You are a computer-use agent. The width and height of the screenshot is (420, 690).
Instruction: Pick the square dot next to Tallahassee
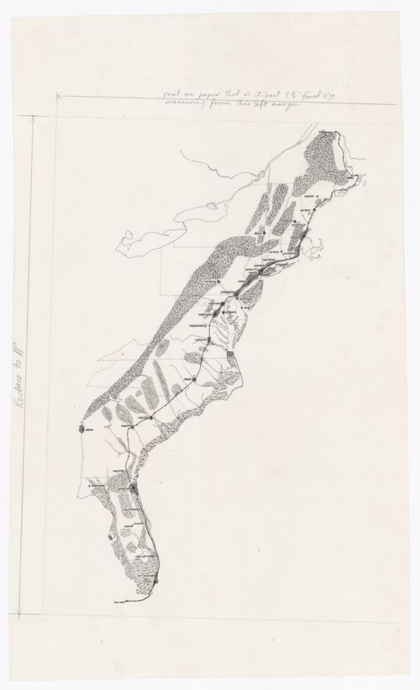[90, 486]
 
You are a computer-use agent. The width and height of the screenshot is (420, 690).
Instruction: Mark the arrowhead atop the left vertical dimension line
[30, 119]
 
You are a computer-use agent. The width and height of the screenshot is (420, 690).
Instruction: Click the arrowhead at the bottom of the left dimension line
[30, 615]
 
